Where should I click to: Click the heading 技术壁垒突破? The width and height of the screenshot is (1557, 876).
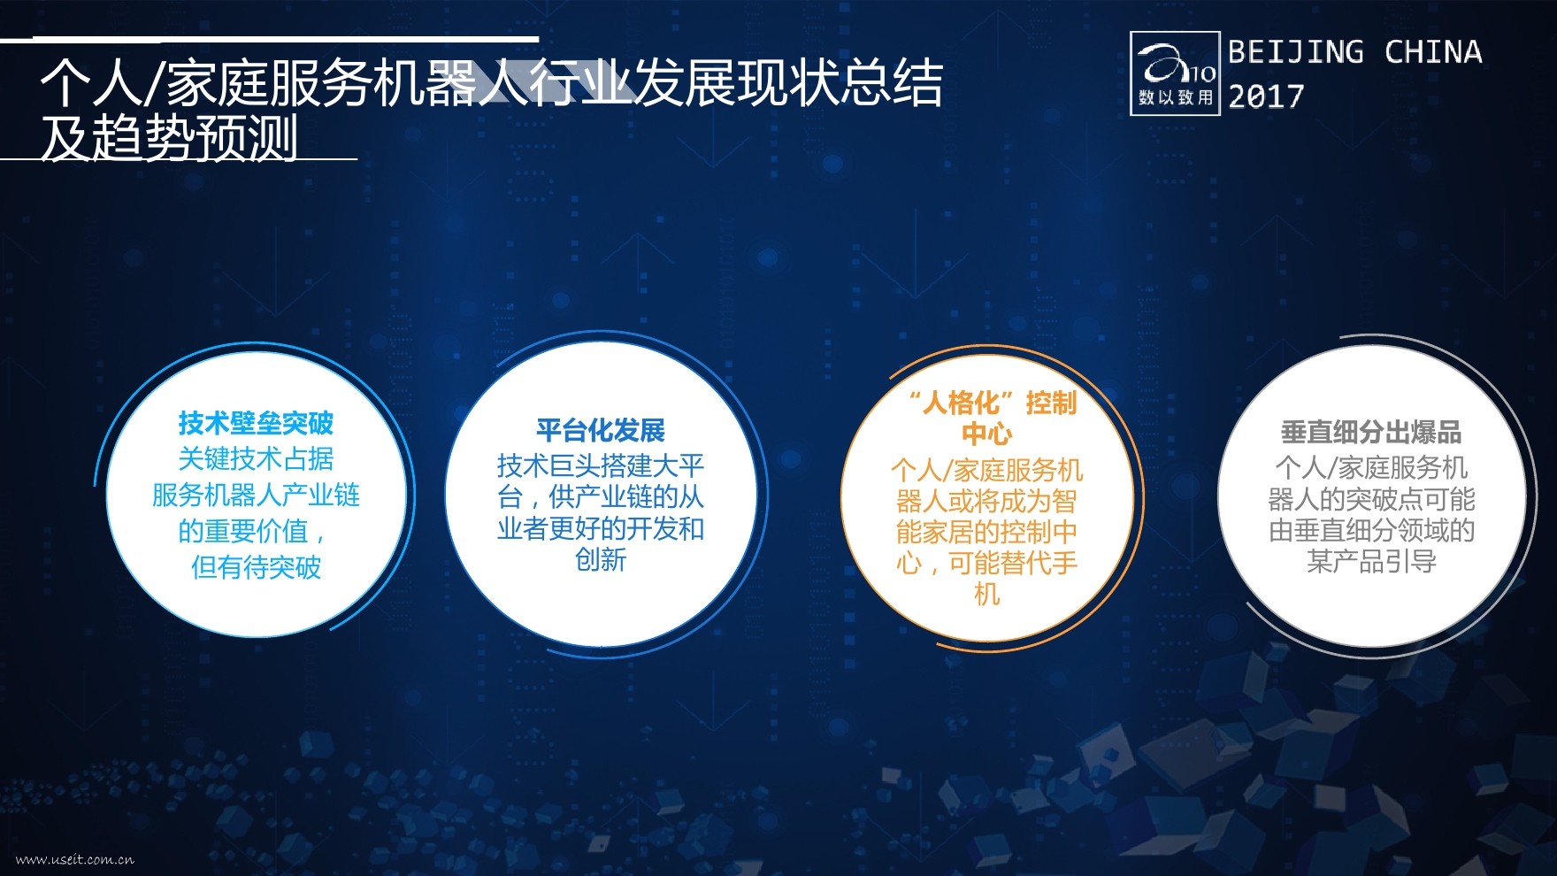pyautogui.click(x=256, y=423)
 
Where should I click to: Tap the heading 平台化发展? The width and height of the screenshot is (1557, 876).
pyautogui.click(x=601, y=430)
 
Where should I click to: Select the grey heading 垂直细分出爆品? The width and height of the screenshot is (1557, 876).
pyautogui.click(x=1371, y=432)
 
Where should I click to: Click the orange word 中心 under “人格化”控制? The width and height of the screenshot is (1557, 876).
pyautogui.click(x=986, y=434)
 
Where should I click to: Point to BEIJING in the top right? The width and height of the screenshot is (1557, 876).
pyautogui.click(x=1296, y=51)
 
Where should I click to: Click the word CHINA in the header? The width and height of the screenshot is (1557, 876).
pyautogui.click(x=1433, y=51)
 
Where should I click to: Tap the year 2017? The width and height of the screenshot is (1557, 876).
pyautogui.click(x=1266, y=96)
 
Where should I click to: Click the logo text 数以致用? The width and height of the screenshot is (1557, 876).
pyautogui.click(x=1176, y=97)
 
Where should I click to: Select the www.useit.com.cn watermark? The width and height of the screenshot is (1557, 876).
pyautogui.click(x=75, y=858)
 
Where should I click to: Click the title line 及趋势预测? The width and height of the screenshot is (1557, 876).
pyautogui.click(x=169, y=137)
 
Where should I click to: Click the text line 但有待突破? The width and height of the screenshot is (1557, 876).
pyautogui.click(x=256, y=567)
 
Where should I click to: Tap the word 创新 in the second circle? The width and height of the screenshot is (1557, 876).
pyautogui.click(x=601, y=559)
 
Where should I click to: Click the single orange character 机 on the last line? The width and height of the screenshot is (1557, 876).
pyautogui.click(x=986, y=594)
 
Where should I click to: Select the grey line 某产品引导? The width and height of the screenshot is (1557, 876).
pyautogui.click(x=1371, y=561)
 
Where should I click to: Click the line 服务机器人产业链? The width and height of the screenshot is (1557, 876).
pyautogui.click(x=256, y=495)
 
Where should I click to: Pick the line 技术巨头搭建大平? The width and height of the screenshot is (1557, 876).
pyautogui.click(x=601, y=465)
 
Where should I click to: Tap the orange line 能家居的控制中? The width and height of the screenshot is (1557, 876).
pyautogui.click(x=986, y=532)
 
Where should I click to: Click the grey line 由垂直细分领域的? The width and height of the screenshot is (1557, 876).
pyautogui.click(x=1371, y=530)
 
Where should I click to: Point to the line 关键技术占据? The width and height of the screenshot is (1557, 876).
pyautogui.click(x=256, y=458)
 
